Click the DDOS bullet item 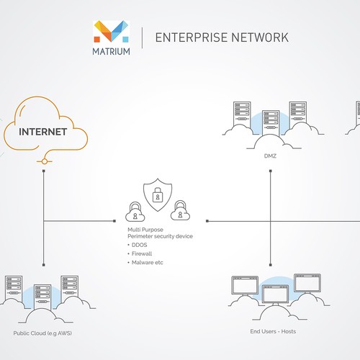(139, 245)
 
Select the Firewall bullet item (142, 253)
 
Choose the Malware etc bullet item (146, 262)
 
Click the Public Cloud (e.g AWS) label (43, 333)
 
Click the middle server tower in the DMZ (271, 122)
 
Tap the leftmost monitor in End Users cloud (241, 285)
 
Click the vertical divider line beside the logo (142, 37)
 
